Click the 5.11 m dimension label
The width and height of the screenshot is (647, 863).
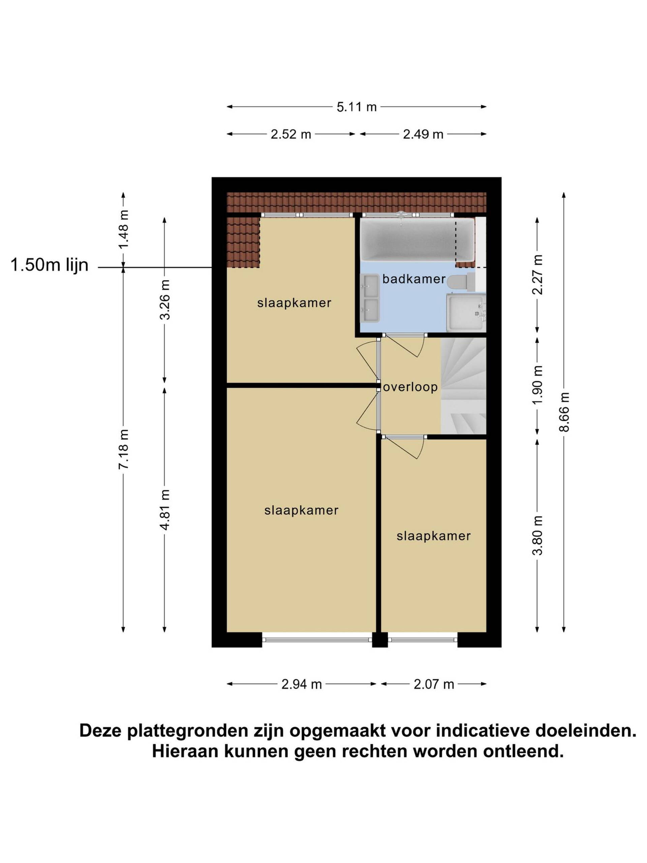[x=357, y=107]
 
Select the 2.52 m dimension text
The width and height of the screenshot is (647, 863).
[x=291, y=134]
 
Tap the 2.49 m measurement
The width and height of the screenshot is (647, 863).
[x=423, y=134]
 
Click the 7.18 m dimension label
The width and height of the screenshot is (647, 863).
[x=124, y=449]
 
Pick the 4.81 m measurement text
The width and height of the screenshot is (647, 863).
[x=164, y=509]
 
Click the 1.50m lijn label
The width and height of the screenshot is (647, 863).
[x=50, y=265]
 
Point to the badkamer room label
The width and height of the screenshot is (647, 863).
[x=414, y=279]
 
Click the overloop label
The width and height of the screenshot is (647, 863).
[x=410, y=387]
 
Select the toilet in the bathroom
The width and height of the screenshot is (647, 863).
[x=461, y=282]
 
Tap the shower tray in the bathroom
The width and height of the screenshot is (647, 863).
[x=466, y=313]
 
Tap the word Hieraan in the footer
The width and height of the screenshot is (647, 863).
[x=186, y=751]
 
